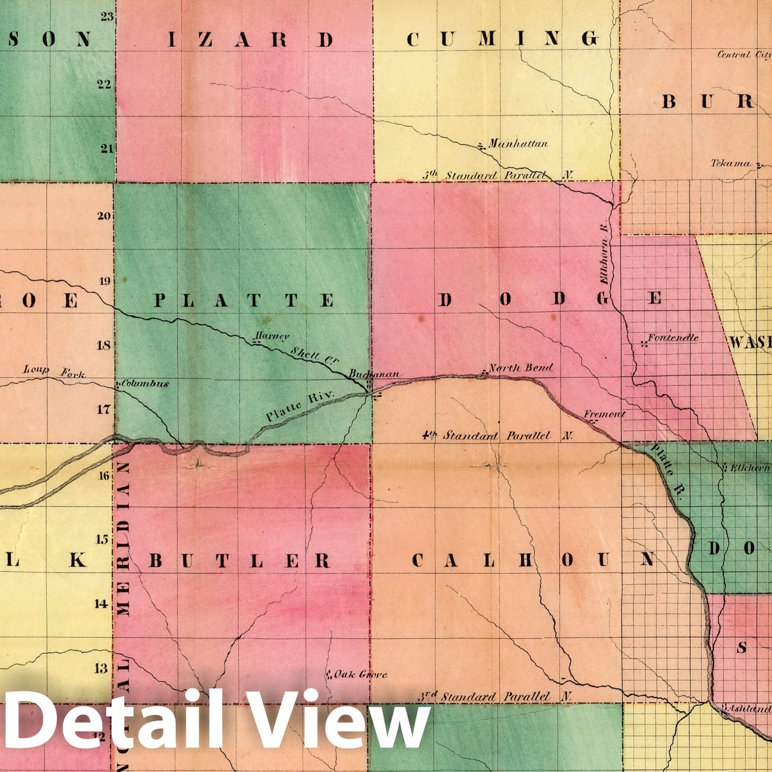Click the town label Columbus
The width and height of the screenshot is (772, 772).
tap(145, 384)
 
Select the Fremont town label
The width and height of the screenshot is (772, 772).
tap(605, 414)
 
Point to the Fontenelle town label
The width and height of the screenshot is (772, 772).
tap(673, 338)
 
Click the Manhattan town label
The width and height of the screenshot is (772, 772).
tap(518, 143)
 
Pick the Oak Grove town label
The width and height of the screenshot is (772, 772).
tap(360, 674)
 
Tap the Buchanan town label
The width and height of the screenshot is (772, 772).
tap(374, 374)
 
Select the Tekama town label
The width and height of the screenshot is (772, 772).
tap(731, 164)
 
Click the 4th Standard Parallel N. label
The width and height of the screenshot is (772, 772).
tap(497, 436)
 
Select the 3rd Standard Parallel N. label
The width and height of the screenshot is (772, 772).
tap(495, 697)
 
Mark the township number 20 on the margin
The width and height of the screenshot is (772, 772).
tap(104, 216)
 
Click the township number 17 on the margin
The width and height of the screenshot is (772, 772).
tap(104, 410)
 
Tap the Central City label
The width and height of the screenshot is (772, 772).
tap(744, 55)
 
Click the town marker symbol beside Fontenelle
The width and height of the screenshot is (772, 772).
tap(644, 344)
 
